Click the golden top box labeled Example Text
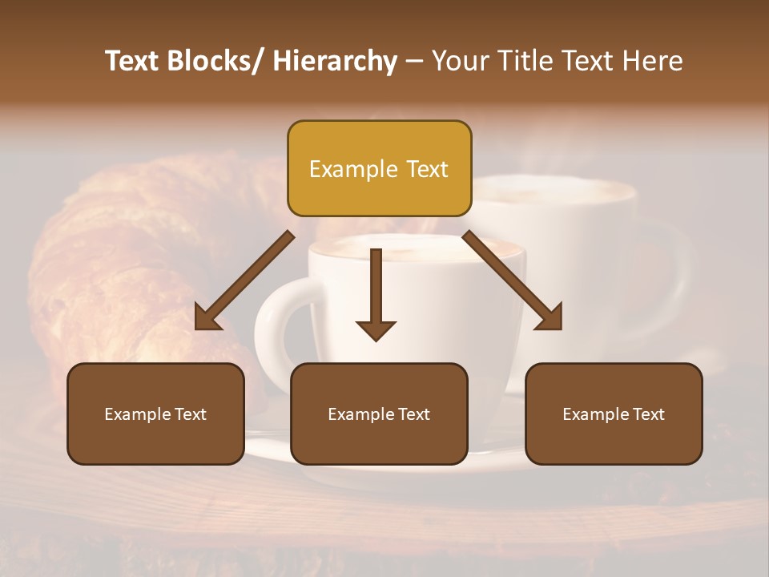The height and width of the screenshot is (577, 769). [x=379, y=169]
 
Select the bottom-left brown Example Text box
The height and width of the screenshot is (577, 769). [x=155, y=414]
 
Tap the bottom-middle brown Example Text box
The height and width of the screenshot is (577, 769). [x=379, y=414]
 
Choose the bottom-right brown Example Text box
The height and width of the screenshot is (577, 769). [x=614, y=414]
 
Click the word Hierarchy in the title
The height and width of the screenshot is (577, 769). [x=335, y=61]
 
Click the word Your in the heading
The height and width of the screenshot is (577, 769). [x=460, y=61]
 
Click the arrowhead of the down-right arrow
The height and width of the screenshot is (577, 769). [x=550, y=318]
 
